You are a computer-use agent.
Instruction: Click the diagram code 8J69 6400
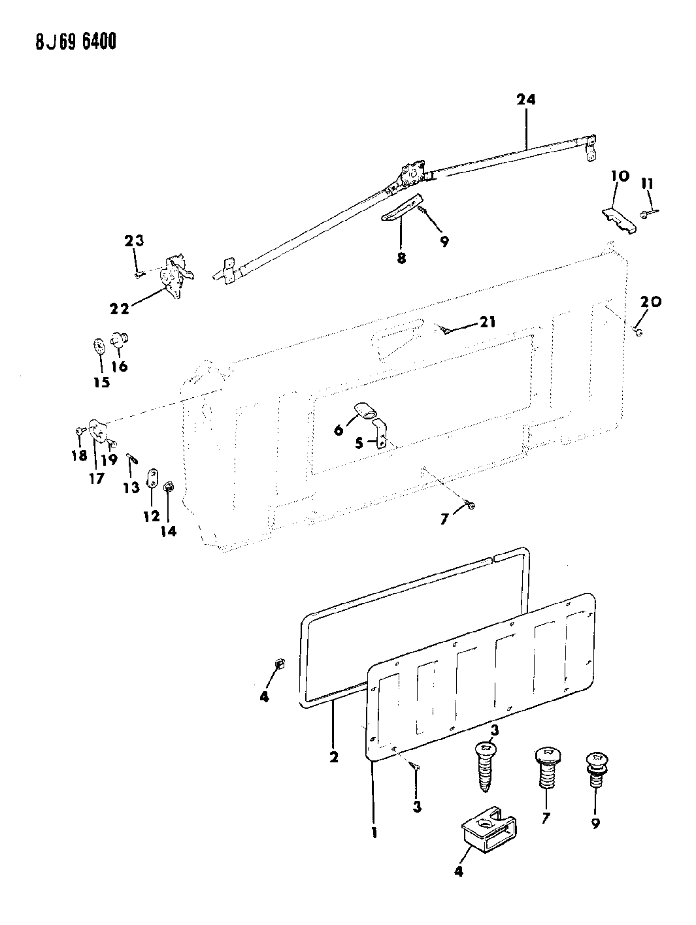tap(76, 42)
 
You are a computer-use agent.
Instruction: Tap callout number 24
tap(526, 100)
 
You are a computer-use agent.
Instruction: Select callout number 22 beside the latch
tap(120, 309)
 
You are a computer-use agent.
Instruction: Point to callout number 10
tap(620, 176)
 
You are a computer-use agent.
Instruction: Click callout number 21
tap(488, 322)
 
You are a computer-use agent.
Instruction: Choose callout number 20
tap(651, 302)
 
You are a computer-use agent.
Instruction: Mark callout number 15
tap(101, 382)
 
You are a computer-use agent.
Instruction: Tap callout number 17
tap(97, 478)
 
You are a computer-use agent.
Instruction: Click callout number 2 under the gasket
tap(333, 757)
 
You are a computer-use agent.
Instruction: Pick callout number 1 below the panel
tap(374, 833)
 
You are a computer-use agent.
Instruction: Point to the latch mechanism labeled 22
tap(176, 276)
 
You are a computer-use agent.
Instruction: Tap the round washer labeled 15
tap(99, 347)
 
